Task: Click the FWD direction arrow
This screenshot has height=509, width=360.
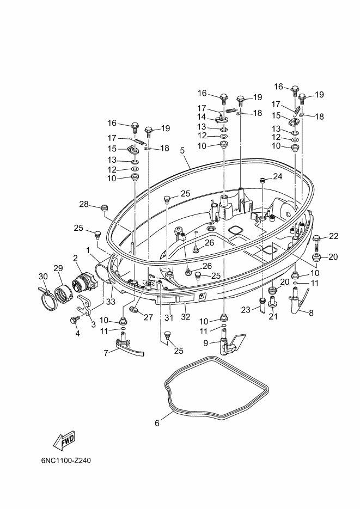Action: [64, 440]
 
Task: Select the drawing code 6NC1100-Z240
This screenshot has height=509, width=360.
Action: [66, 461]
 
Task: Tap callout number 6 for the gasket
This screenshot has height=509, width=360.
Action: [157, 424]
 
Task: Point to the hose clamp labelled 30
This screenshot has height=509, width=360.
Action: [47, 296]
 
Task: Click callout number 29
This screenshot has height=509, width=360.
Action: [58, 268]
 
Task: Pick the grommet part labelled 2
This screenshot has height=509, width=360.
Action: [85, 283]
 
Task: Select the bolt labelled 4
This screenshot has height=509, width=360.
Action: [74, 320]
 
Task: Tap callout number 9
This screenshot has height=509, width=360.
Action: [205, 343]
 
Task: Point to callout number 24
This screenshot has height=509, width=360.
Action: [278, 176]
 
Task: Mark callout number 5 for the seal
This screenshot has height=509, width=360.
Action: [182, 150]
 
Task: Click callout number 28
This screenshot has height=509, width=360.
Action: [84, 205]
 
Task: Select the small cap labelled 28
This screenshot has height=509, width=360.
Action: [104, 208]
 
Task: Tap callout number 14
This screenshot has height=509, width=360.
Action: [202, 116]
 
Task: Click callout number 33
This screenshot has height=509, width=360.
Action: [111, 302]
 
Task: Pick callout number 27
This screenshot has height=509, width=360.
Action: [148, 317]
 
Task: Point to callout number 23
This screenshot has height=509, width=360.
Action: [246, 310]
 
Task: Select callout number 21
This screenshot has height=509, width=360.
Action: [273, 316]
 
